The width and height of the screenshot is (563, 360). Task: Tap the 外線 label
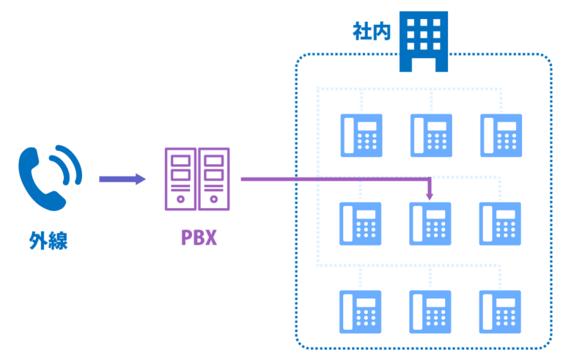(x=48, y=240)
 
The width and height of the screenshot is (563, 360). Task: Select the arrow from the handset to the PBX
(x=122, y=179)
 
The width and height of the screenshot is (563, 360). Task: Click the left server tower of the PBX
(x=180, y=179)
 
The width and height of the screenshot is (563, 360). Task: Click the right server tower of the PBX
(x=214, y=179)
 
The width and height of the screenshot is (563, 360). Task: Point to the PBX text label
(x=199, y=238)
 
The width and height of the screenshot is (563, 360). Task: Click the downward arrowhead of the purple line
(x=430, y=196)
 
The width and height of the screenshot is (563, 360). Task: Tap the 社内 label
(x=372, y=32)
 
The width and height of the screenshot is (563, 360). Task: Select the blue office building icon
(x=424, y=41)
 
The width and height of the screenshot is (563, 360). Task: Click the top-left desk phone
(x=361, y=136)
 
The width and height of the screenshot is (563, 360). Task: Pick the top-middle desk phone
(x=431, y=136)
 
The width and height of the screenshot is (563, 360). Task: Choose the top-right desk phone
(x=501, y=136)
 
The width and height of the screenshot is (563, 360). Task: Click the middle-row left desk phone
(x=361, y=224)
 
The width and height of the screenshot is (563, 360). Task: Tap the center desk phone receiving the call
(x=430, y=224)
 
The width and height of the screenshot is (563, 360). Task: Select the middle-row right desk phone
(x=500, y=224)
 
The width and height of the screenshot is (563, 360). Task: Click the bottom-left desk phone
(x=361, y=312)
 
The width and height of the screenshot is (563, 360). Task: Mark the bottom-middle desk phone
(x=430, y=312)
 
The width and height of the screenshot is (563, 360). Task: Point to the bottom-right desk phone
(x=500, y=312)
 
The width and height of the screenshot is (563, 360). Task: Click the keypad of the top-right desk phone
(x=507, y=142)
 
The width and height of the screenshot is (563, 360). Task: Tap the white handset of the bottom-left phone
(x=347, y=312)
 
